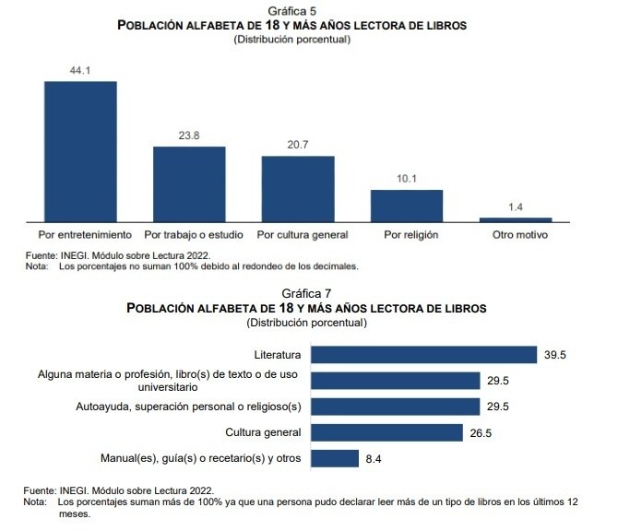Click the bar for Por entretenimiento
(x=80, y=151)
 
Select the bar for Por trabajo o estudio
(x=189, y=183)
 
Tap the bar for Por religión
(x=407, y=206)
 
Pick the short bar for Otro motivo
(x=516, y=219)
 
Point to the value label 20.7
(x=298, y=146)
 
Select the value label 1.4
(x=516, y=207)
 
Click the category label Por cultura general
(x=303, y=235)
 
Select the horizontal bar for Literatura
(x=424, y=355)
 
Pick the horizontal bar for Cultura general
(x=387, y=432)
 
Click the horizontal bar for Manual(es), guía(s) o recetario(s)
(x=335, y=458)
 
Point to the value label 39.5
(x=555, y=355)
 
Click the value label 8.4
(x=374, y=459)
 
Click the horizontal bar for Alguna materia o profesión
(x=396, y=381)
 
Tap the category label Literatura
(x=277, y=355)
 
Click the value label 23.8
(x=189, y=136)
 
